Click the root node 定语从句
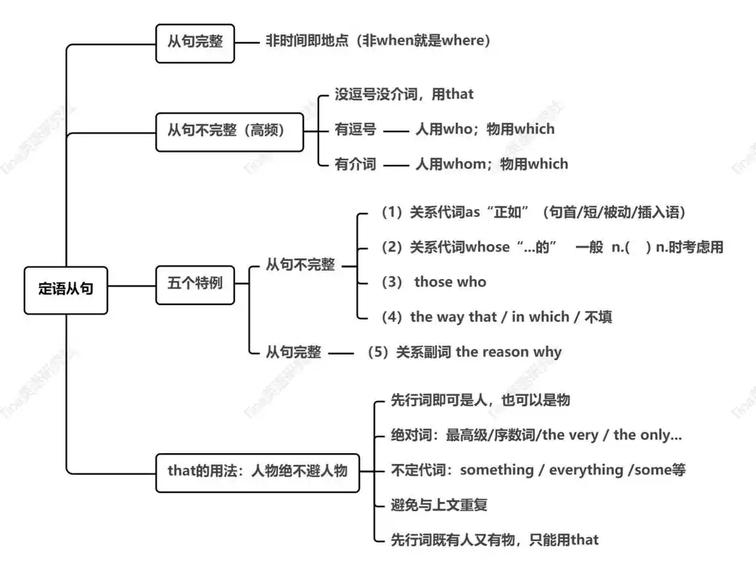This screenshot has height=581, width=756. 65,290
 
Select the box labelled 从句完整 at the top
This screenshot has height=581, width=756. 195,41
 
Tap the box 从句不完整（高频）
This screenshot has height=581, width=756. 229,131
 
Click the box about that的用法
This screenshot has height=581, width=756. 257,471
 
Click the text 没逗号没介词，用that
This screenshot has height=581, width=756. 403,94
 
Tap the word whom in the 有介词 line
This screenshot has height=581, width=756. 464,164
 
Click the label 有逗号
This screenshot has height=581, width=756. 355,130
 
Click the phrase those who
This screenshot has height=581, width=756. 450,283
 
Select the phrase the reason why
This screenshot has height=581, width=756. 509,352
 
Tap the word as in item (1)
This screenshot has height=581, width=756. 473,213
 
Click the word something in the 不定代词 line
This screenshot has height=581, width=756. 496,470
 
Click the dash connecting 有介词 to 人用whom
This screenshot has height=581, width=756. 396,166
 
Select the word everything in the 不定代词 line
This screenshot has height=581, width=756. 586,470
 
